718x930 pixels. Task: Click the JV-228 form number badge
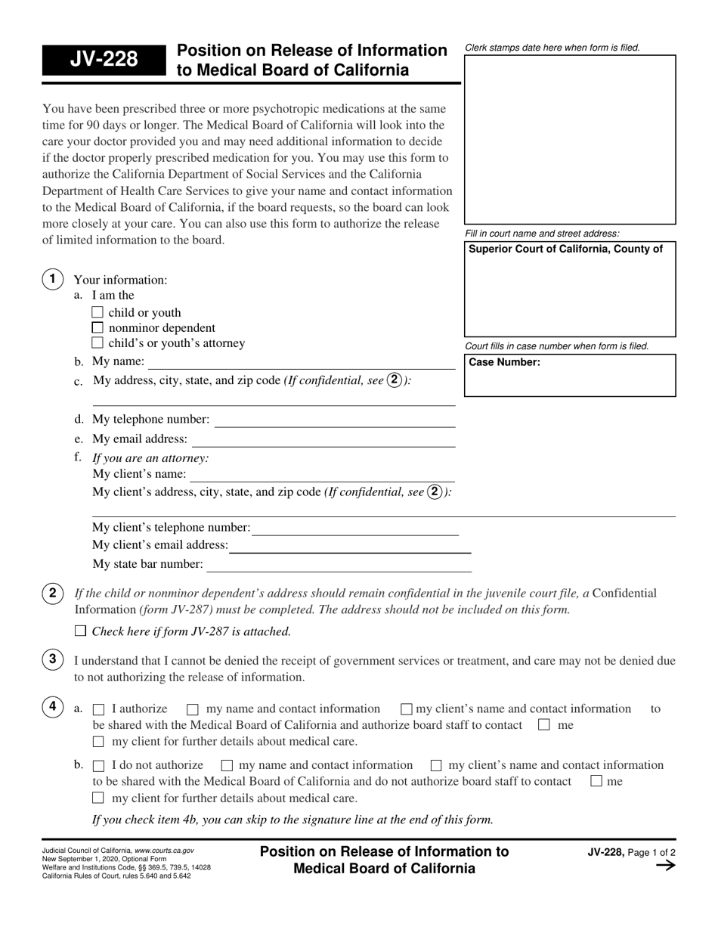point(103,59)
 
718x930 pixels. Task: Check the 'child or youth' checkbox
point(97,312)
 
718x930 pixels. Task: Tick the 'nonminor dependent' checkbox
point(97,327)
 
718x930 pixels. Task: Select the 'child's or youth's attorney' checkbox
point(97,343)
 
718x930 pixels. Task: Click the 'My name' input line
point(302,362)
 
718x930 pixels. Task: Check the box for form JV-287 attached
point(81,631)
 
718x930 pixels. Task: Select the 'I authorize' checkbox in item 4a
point(98,709)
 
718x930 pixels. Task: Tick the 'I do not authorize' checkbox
point(98,765)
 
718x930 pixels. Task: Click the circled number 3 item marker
point(52,659)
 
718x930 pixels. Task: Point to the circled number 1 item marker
point(52,279)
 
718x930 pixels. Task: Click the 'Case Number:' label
point(505,362)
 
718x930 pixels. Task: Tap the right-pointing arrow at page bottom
point(664,866)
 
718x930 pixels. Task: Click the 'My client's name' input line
point(322,474)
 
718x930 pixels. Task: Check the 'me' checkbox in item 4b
point(596,782)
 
